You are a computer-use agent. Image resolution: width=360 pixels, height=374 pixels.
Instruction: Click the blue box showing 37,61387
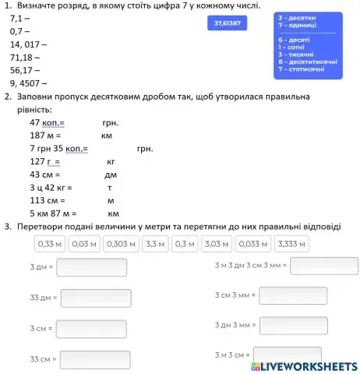tap(227, 23)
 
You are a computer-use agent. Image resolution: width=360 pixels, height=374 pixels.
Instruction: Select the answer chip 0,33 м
tap(49, 244)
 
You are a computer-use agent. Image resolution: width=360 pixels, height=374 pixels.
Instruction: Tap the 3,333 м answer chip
tap(292, 244)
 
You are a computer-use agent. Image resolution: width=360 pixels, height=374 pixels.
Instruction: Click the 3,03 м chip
tap(217, 244)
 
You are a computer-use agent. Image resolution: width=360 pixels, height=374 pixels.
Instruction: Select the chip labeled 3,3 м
tap(156, 244)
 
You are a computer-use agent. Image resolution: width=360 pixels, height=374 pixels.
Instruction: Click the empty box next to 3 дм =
tap(91, 267)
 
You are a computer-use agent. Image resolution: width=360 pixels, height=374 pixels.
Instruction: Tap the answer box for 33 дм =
tap(95, 298)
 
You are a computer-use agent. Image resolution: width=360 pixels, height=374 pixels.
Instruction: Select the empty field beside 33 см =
tap(95, 359)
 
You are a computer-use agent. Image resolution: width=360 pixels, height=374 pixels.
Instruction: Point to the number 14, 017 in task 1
tap(28, 44)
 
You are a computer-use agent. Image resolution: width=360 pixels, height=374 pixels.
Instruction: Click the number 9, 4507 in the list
tap(28, 83)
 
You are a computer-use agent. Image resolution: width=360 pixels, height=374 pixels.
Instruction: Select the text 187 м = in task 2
tap(48, 135)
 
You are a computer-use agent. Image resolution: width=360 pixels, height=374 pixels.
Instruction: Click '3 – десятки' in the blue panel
tap(297, 17)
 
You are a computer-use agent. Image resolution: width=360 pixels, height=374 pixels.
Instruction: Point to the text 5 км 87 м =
tap(53, 213)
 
